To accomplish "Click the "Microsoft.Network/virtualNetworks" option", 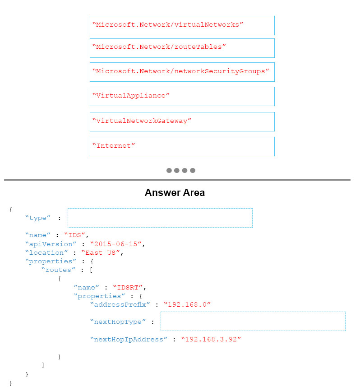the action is (182, 25).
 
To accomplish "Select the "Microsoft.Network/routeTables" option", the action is (182, 48).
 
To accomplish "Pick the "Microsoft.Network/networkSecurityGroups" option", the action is (182, 72).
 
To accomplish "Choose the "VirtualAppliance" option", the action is (182, 97).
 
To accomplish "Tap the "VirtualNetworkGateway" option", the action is (182, 122).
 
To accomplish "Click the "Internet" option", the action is (182, 146).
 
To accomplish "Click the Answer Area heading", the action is (175, 193).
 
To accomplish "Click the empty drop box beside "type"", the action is (160, 218).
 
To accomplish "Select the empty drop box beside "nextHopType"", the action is (253, 321).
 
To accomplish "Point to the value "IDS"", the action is (74, 235).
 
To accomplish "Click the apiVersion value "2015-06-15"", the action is (116, 244).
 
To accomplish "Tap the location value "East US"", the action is (101, 252).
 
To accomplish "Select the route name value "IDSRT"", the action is (128, 287).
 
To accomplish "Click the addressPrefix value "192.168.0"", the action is (187, 304).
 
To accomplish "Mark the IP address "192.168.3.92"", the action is (211, 339).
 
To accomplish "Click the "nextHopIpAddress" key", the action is (129, 339).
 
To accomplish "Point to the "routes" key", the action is (58, 270).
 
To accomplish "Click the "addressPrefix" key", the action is (120, 304).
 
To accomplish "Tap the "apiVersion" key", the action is (51, 244).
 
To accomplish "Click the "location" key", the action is (46, 252).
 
